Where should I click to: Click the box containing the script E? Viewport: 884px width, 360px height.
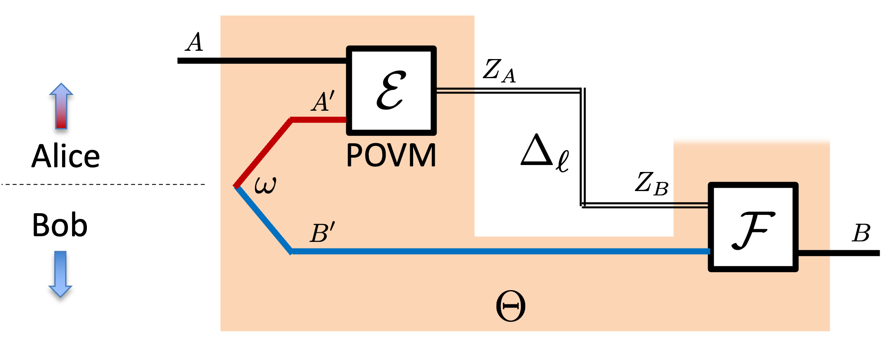tap(391, 90)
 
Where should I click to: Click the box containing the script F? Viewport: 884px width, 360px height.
tap(753, 227)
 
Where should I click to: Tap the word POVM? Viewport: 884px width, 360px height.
tap(391, 155)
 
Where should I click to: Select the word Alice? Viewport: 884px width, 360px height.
tap(66, 156)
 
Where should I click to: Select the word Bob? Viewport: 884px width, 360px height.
tap(60, 225)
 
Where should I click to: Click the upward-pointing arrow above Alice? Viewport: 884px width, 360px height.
tap(61, 106)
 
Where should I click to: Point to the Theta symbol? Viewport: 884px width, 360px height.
tap(510, 306)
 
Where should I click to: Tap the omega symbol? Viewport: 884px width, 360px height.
tap(265, 185)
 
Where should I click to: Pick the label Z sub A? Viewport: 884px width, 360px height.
tap(499, 71)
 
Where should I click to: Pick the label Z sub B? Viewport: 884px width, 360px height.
tap(651, 183)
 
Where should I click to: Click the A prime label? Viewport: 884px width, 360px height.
tap(323, 102)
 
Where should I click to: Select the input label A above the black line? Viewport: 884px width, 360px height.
tap(194, 43)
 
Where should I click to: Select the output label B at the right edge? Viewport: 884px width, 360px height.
tap(861, 233)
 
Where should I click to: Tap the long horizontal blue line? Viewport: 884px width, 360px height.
tap(500, 251)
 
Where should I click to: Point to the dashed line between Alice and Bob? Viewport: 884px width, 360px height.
tap(104, 185)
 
